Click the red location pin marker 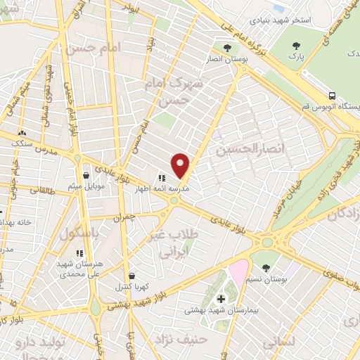tap(181, 166)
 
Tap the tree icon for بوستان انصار tap(226, 47)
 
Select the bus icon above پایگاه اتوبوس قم tap(331, 96)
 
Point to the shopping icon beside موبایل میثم tap(86, 176)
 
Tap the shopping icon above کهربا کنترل tap(131, 276)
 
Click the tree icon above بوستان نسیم tap(266, 267)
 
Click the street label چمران tap(124, 218)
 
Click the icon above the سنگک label tap(22, 132)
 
